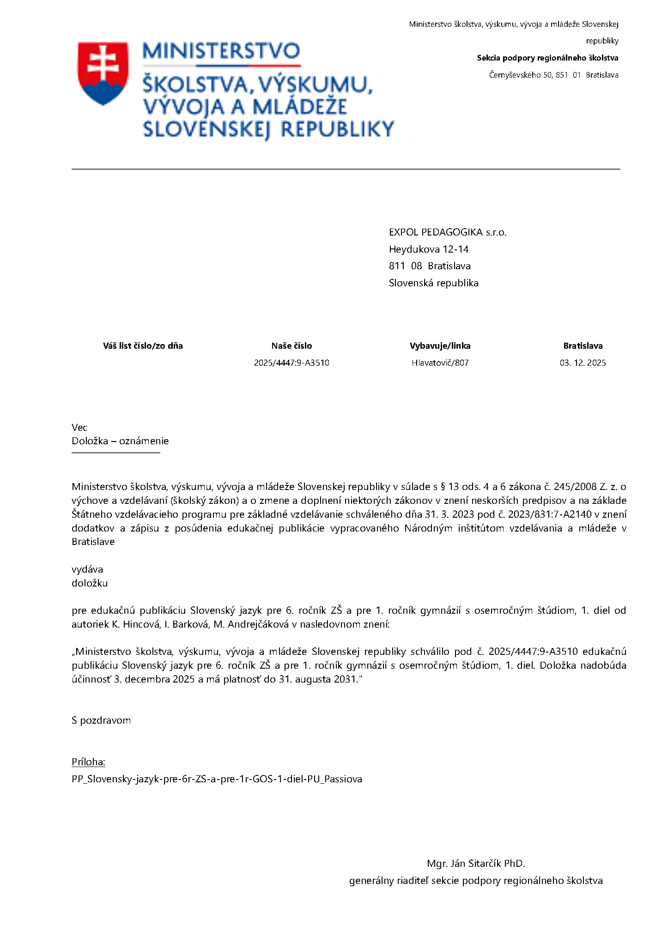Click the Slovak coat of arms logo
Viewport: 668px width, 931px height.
pyautogui.click(x=103, y=73)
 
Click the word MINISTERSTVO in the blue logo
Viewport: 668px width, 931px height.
pyautogui.click(x=221, y=51)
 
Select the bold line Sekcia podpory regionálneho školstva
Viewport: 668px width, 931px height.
pyautogui.click(x=547, y=58)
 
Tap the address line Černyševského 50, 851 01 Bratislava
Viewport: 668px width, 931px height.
pyautogui.click(x=553, y=75)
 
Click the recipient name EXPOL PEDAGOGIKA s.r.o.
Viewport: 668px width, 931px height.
pyautogui.click(x=447, y=232)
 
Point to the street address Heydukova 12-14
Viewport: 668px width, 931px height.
pyautogui.click(x=428, y=249)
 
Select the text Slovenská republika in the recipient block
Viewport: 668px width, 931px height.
pyautogui.click(x=433, y=283)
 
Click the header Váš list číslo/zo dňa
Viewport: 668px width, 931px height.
pyautogui.click(x=143, y=346)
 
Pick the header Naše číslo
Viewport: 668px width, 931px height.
pyautogui.click(x=291, y=346)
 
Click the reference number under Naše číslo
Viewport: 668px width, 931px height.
pyautogui.click(x=291, y=363)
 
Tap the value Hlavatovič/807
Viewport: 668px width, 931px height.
pyautogui.click(x=440, y=363)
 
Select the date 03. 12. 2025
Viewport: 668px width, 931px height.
pyautogui.click(x=583, y=363)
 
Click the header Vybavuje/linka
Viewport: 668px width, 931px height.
pyautogui.click(x=440, y=346)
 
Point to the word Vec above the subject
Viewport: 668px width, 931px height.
pyautogui.click(x=79, y=428)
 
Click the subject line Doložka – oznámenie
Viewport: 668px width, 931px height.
pyautogui.click(x=120, y=441)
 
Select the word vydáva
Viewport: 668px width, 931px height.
pyautogui.click(x=87, y=569)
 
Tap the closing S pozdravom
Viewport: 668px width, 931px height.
pyautogui.click(x=101, y=720)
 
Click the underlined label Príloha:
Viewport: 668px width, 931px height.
pyautogui.click(x=88, y=762)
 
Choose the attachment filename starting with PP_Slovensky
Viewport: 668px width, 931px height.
pyautogui.click(x=217, y=779)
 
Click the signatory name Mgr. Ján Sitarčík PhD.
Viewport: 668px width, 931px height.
pyautogui.click(x=476, y=864)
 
